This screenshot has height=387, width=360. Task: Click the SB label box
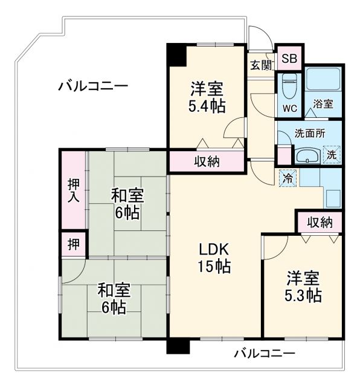click(x=289, y=59)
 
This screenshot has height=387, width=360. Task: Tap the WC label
click(x=290, y=109)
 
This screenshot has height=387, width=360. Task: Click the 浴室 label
click(x=323, y=104)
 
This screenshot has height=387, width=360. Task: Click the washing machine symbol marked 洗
click(x=332, y=154)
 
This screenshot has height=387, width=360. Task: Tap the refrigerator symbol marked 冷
click(x=289, y=178)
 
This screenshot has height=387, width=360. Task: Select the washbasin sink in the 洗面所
click(x=307, y=155)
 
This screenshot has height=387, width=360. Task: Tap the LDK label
click(x=215, y=249)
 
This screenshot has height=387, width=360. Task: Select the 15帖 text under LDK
click(x=215, y=266)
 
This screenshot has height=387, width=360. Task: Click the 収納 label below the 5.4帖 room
click(x=207, y=161)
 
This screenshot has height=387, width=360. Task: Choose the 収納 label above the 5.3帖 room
click(x=319, y=222)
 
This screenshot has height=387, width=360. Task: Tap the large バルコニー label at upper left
click(x=93, y=86)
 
